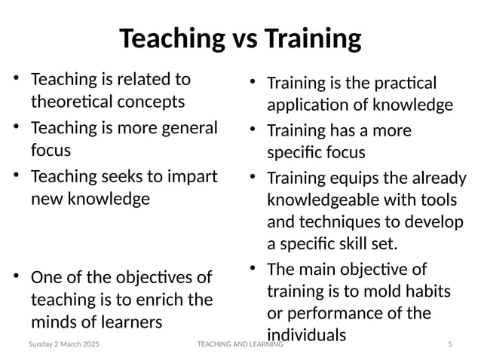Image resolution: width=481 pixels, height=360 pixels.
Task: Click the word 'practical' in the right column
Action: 406,82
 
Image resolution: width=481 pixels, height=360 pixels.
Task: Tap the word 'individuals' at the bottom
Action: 306,334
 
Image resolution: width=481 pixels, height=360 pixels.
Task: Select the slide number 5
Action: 450,344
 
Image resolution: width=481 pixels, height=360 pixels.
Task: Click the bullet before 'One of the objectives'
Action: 16,275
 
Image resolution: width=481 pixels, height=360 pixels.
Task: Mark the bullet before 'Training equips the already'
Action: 253,177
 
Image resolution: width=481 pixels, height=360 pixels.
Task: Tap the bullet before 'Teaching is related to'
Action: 16,78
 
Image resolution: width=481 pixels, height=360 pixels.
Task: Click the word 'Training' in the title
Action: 312,38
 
